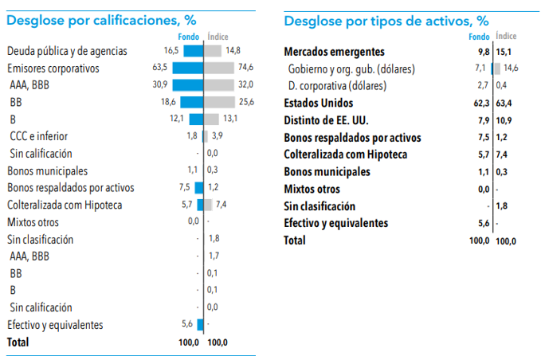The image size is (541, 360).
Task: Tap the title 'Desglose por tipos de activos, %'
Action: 386,20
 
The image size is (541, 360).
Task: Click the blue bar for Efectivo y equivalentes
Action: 200,324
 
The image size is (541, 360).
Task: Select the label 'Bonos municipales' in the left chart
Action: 48,170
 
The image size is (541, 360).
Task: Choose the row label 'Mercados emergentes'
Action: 335,52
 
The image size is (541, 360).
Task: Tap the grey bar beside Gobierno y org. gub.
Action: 497,68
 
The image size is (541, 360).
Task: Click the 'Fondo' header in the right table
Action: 480,37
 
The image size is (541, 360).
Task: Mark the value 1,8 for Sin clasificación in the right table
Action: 501,206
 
